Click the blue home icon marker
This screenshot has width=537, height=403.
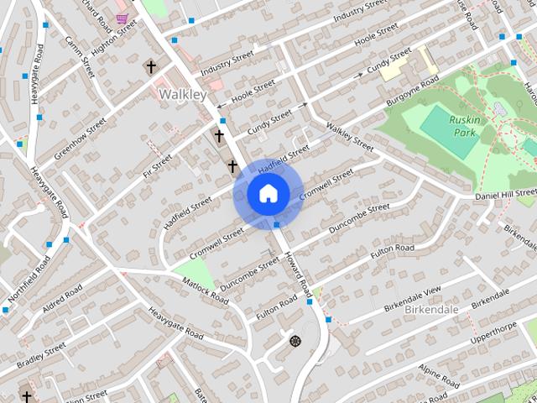tap(268, 194)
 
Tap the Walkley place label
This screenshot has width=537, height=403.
tap(182, 95)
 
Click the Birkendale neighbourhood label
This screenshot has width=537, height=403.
tap(431, 309)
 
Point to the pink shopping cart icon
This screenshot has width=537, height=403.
tap(123, 18)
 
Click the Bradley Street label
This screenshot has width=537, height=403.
tap(43, 352)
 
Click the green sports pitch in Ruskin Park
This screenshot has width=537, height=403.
tap(446, 133)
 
